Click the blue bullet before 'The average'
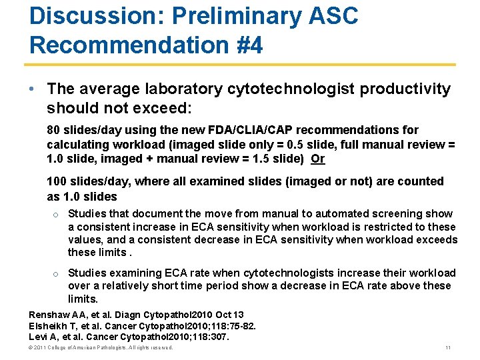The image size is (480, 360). tap(33, 89)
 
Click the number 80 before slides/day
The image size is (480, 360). tap(53, 130)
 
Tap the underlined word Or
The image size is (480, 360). tap(318, 159)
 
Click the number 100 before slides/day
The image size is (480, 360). tap(57, 181)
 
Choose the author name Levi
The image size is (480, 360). tap(39, 337)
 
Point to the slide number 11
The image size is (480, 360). tap(447, 348)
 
